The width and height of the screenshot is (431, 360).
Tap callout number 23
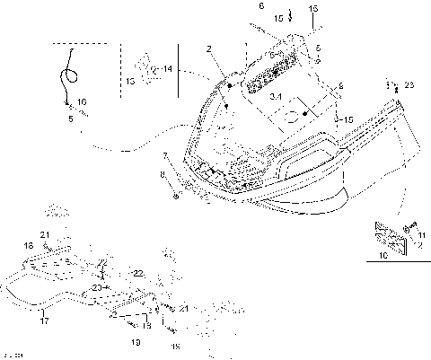pyautogui.click(x=409, y=84)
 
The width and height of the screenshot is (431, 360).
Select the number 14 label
pyautogui.click(x=167, y=68)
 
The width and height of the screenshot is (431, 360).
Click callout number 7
pyautogui.click(x=164, y=155)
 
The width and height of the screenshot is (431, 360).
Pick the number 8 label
pyautogui.click(x=162, y=173)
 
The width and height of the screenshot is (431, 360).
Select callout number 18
pyautogui.click(x=28, y=244)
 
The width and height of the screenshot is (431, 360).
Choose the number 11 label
pyautogui.click(x=421, y=234)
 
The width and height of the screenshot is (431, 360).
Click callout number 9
pyautogui.click(x=340, y=85)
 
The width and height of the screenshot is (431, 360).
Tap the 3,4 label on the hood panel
pyautogui.click(x=278, y=95)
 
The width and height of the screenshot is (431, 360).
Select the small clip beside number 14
pyautogui.click(x=144, y=67)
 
